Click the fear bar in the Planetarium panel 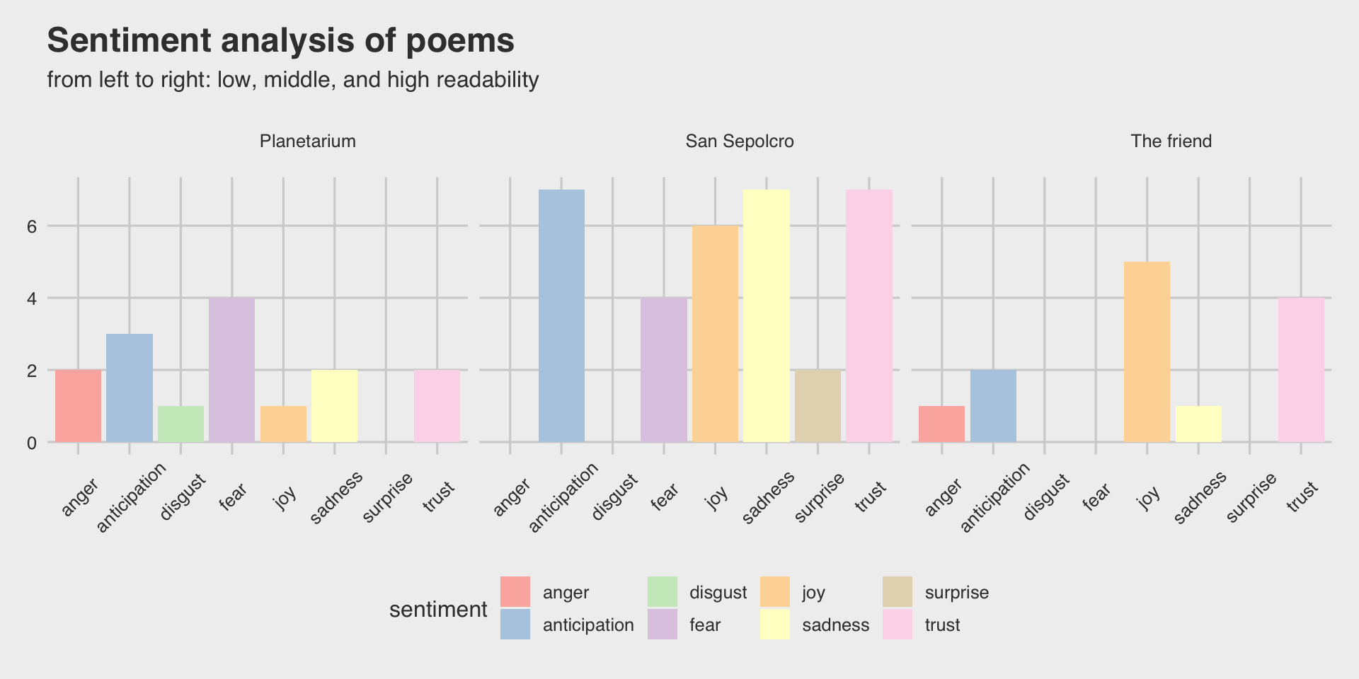(231, 370)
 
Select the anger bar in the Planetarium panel (78, 406)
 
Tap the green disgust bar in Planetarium (180, 424)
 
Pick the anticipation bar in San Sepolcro (561, 316)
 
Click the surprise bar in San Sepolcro (818, 406)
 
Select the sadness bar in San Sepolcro (767, 316)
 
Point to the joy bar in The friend (1147, 352)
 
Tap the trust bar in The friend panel (1301, 370)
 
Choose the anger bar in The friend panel (941, 424)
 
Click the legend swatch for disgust (663, 592)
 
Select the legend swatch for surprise (898, 592)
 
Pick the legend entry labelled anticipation (587, 625)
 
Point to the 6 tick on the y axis (31, 226)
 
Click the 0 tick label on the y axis (31, 443)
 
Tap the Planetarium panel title (307, 141)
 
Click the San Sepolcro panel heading (740, 141)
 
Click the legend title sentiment (438, 610)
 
